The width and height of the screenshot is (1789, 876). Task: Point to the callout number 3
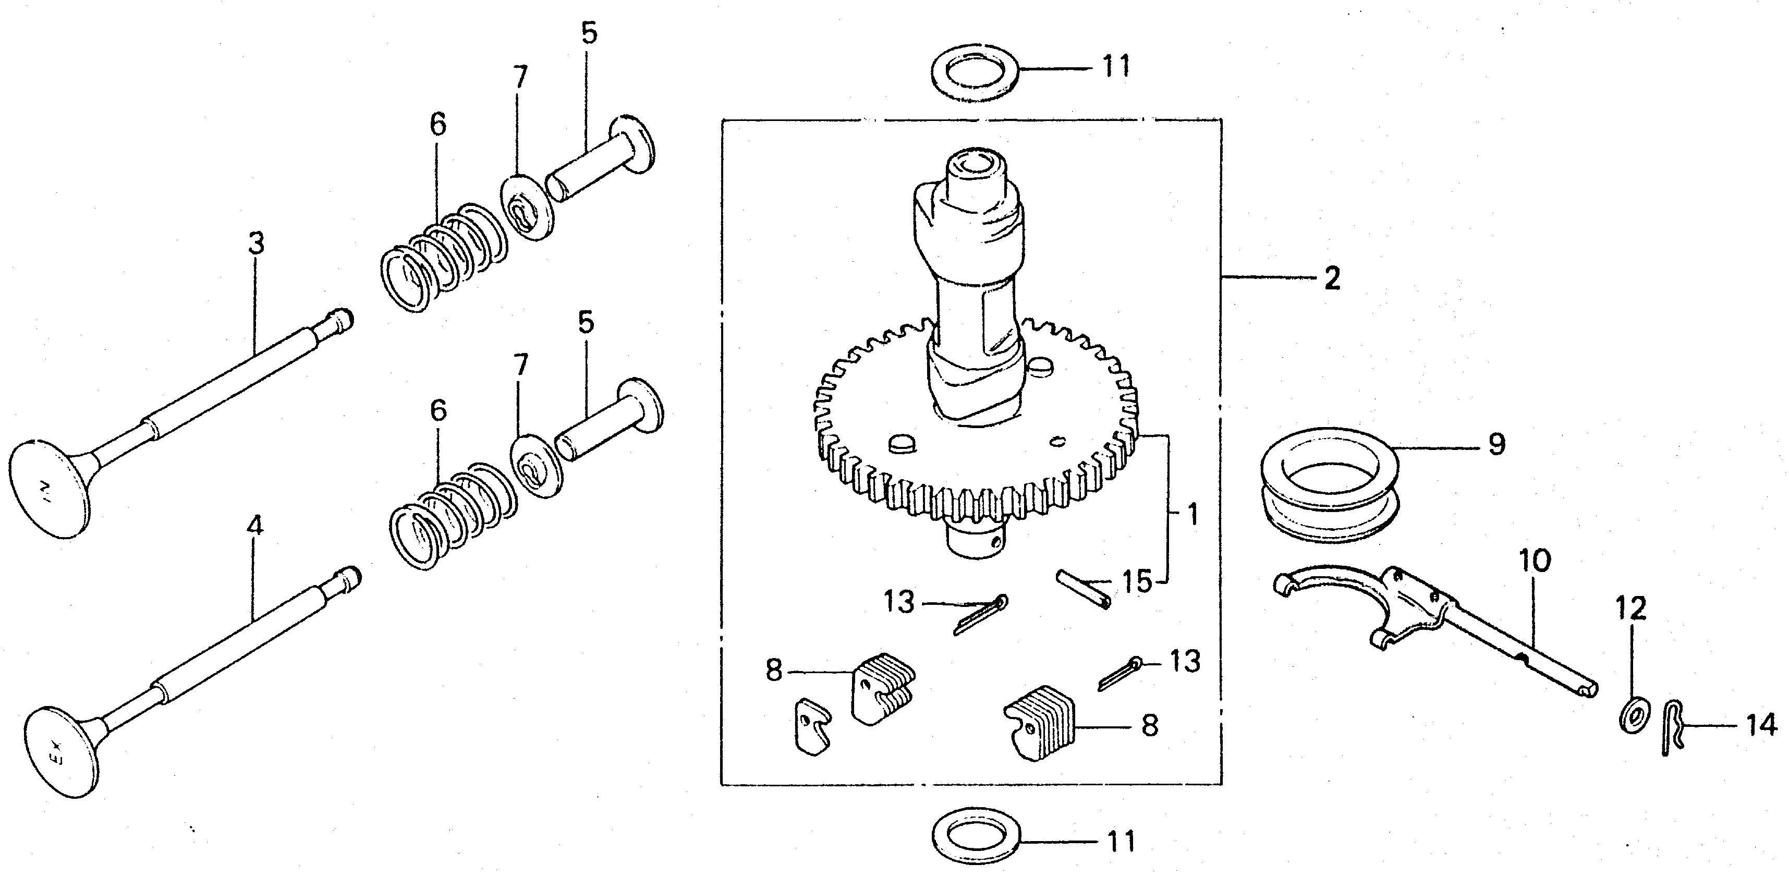click(x=256, y=244)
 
